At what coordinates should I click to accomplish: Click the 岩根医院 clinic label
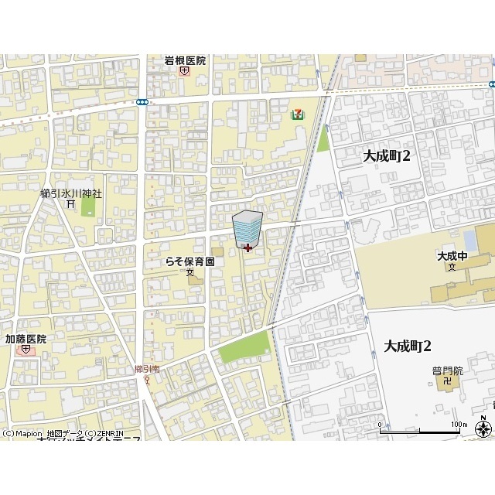(185, 60)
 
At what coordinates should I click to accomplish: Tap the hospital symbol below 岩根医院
(184, 71)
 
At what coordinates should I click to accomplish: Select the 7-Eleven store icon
(297, 114)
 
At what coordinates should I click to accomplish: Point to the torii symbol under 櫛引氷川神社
(70, 204)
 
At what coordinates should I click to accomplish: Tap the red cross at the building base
(247, 247)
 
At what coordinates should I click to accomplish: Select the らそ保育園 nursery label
(189, 261)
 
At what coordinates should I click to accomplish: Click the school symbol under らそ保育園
(189, 272)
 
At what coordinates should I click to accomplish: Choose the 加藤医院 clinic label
(26, 339)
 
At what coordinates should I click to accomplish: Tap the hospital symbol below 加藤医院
(26, 350)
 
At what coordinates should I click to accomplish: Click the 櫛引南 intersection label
(145, 370)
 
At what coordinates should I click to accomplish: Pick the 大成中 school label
(452, 256)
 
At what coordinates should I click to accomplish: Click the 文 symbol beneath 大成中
(452, 267)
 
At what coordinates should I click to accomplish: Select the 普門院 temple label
(447, 370)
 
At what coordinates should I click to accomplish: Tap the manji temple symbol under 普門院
(446, 381)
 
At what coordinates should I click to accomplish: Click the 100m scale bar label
(460, 425)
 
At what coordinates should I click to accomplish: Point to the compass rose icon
(484, 428)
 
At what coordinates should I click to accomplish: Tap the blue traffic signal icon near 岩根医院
(142, 101)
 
